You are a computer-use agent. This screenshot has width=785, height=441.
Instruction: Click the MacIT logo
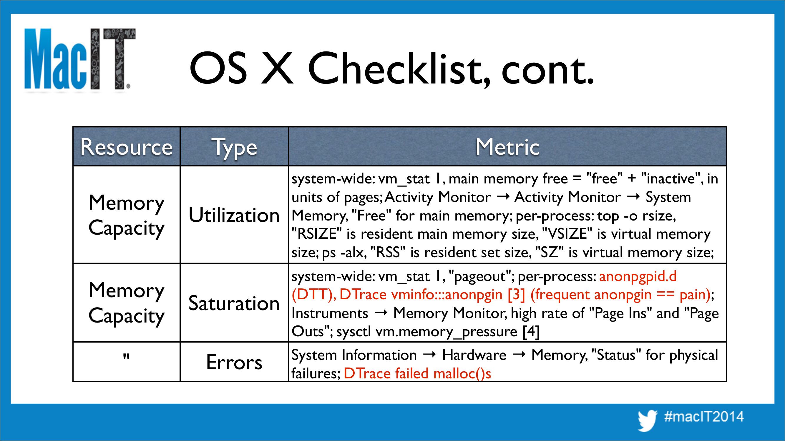coord(80,59)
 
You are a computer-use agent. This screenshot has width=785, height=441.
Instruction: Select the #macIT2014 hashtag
coord(704,417)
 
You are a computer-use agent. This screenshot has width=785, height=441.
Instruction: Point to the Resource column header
coord(127,147)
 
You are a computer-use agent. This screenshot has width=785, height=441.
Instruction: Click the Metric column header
coord(507,147)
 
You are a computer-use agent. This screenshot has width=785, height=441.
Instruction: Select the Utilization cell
coord(234,215)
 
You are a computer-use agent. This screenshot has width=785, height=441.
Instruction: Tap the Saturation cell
coord(234,303)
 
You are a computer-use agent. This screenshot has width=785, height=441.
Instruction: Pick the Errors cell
coord(234,362)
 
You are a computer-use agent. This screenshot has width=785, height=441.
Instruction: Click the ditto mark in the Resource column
coord(126,356)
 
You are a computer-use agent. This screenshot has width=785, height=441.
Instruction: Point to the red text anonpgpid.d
coord(638,277)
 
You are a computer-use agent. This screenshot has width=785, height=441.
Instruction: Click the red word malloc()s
coord(462,373)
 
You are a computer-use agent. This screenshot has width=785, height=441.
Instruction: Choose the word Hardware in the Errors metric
coord(474,355)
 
